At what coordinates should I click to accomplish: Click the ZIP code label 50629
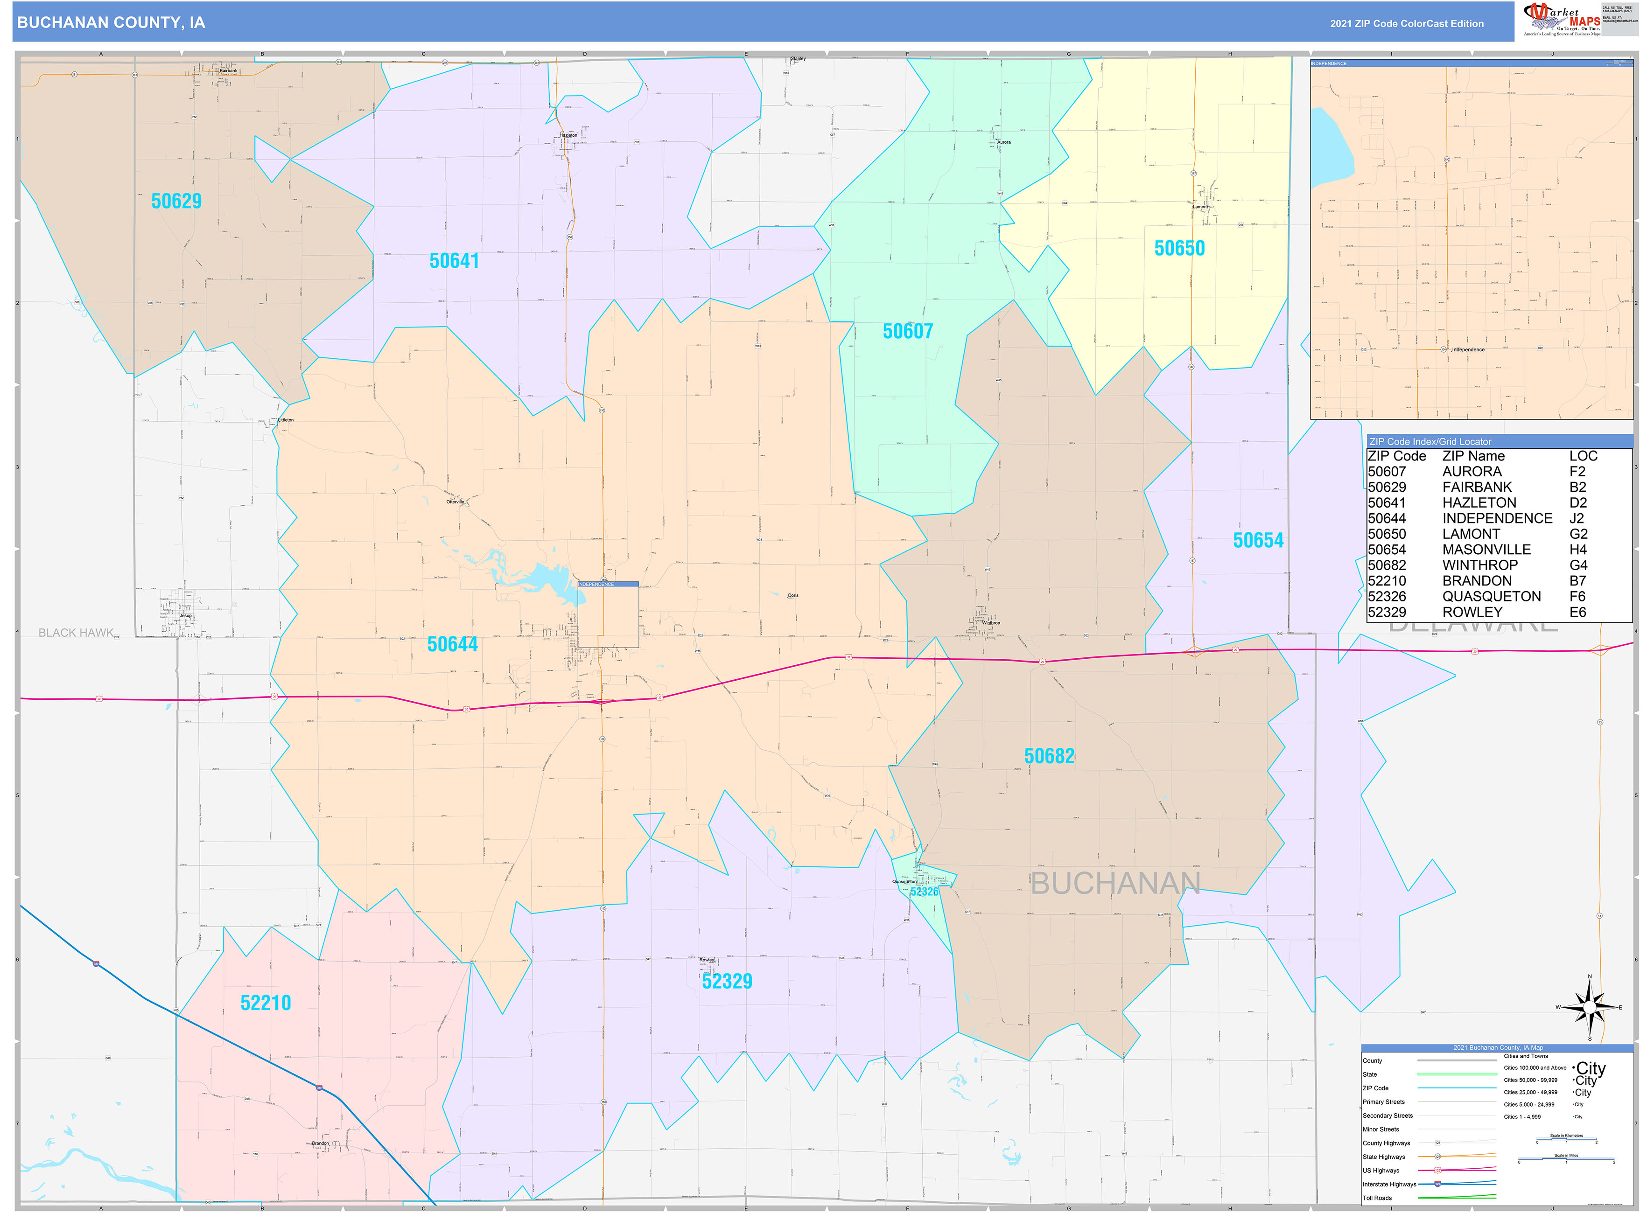[176, 201]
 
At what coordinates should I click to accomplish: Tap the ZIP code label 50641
[454, 261]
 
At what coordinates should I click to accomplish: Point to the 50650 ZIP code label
[1179, 248]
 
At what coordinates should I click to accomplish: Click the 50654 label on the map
[1258, 540]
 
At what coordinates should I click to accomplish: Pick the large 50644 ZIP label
[453, 645]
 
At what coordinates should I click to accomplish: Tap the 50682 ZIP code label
[1049, 756]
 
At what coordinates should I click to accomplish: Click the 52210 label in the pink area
[266, 1003]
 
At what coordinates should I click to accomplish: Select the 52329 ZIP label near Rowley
[727, 982]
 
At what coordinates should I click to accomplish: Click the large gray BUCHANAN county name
[1115, 883]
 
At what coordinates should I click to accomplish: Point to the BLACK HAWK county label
[77, 633]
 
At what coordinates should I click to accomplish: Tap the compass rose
[1589, 1007]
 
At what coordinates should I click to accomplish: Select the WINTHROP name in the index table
[1479, 565]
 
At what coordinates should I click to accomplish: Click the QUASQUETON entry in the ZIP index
[1491, 596]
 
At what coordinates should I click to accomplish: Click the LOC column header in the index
[1583, 456]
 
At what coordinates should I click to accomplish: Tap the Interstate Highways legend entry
[1389, 1185]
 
